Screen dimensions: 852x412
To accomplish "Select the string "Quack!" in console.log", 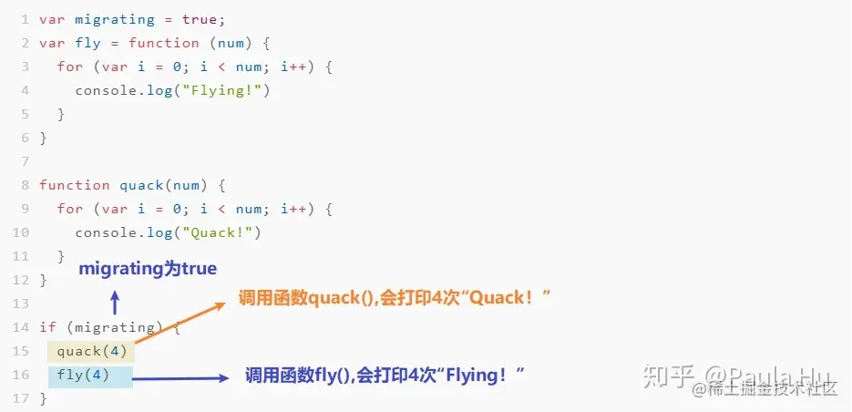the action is click(x=221, y=232).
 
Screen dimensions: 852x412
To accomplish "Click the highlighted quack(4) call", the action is click(x=91, y=351).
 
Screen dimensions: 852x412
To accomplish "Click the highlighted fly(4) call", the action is click(x=82, y=376).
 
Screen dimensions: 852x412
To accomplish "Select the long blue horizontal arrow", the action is click(x=181, y=376).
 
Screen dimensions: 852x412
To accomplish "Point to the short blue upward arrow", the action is click(x=114, y=303).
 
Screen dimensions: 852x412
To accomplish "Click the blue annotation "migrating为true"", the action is click(x=148, y=269).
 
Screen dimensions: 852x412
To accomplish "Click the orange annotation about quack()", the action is click(x=395, y=298).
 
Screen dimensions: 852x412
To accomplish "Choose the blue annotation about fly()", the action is click(x=385, y=375).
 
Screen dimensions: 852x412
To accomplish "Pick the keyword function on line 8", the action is click(x=75, y=185).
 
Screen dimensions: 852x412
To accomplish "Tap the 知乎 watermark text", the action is click(x=667, y=375).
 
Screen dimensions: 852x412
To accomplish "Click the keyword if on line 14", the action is click(x=47, y=327).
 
